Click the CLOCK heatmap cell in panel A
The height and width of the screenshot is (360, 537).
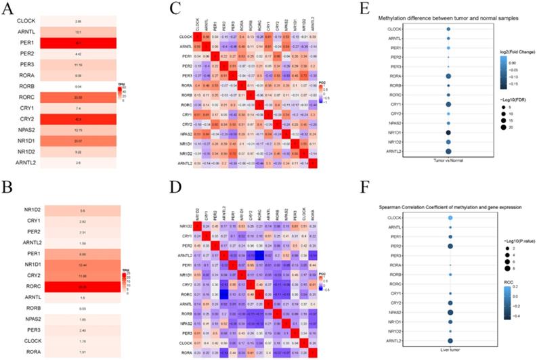pyautogui.click(x=79, y=22)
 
